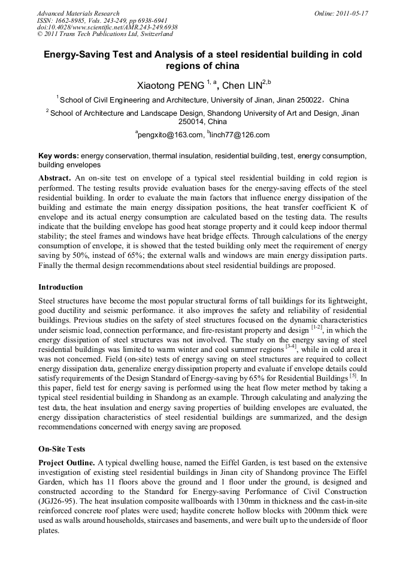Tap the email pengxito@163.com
[x=169, y=135]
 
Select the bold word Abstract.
[x=54, y=179]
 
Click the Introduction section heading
[x=60, y=287]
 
